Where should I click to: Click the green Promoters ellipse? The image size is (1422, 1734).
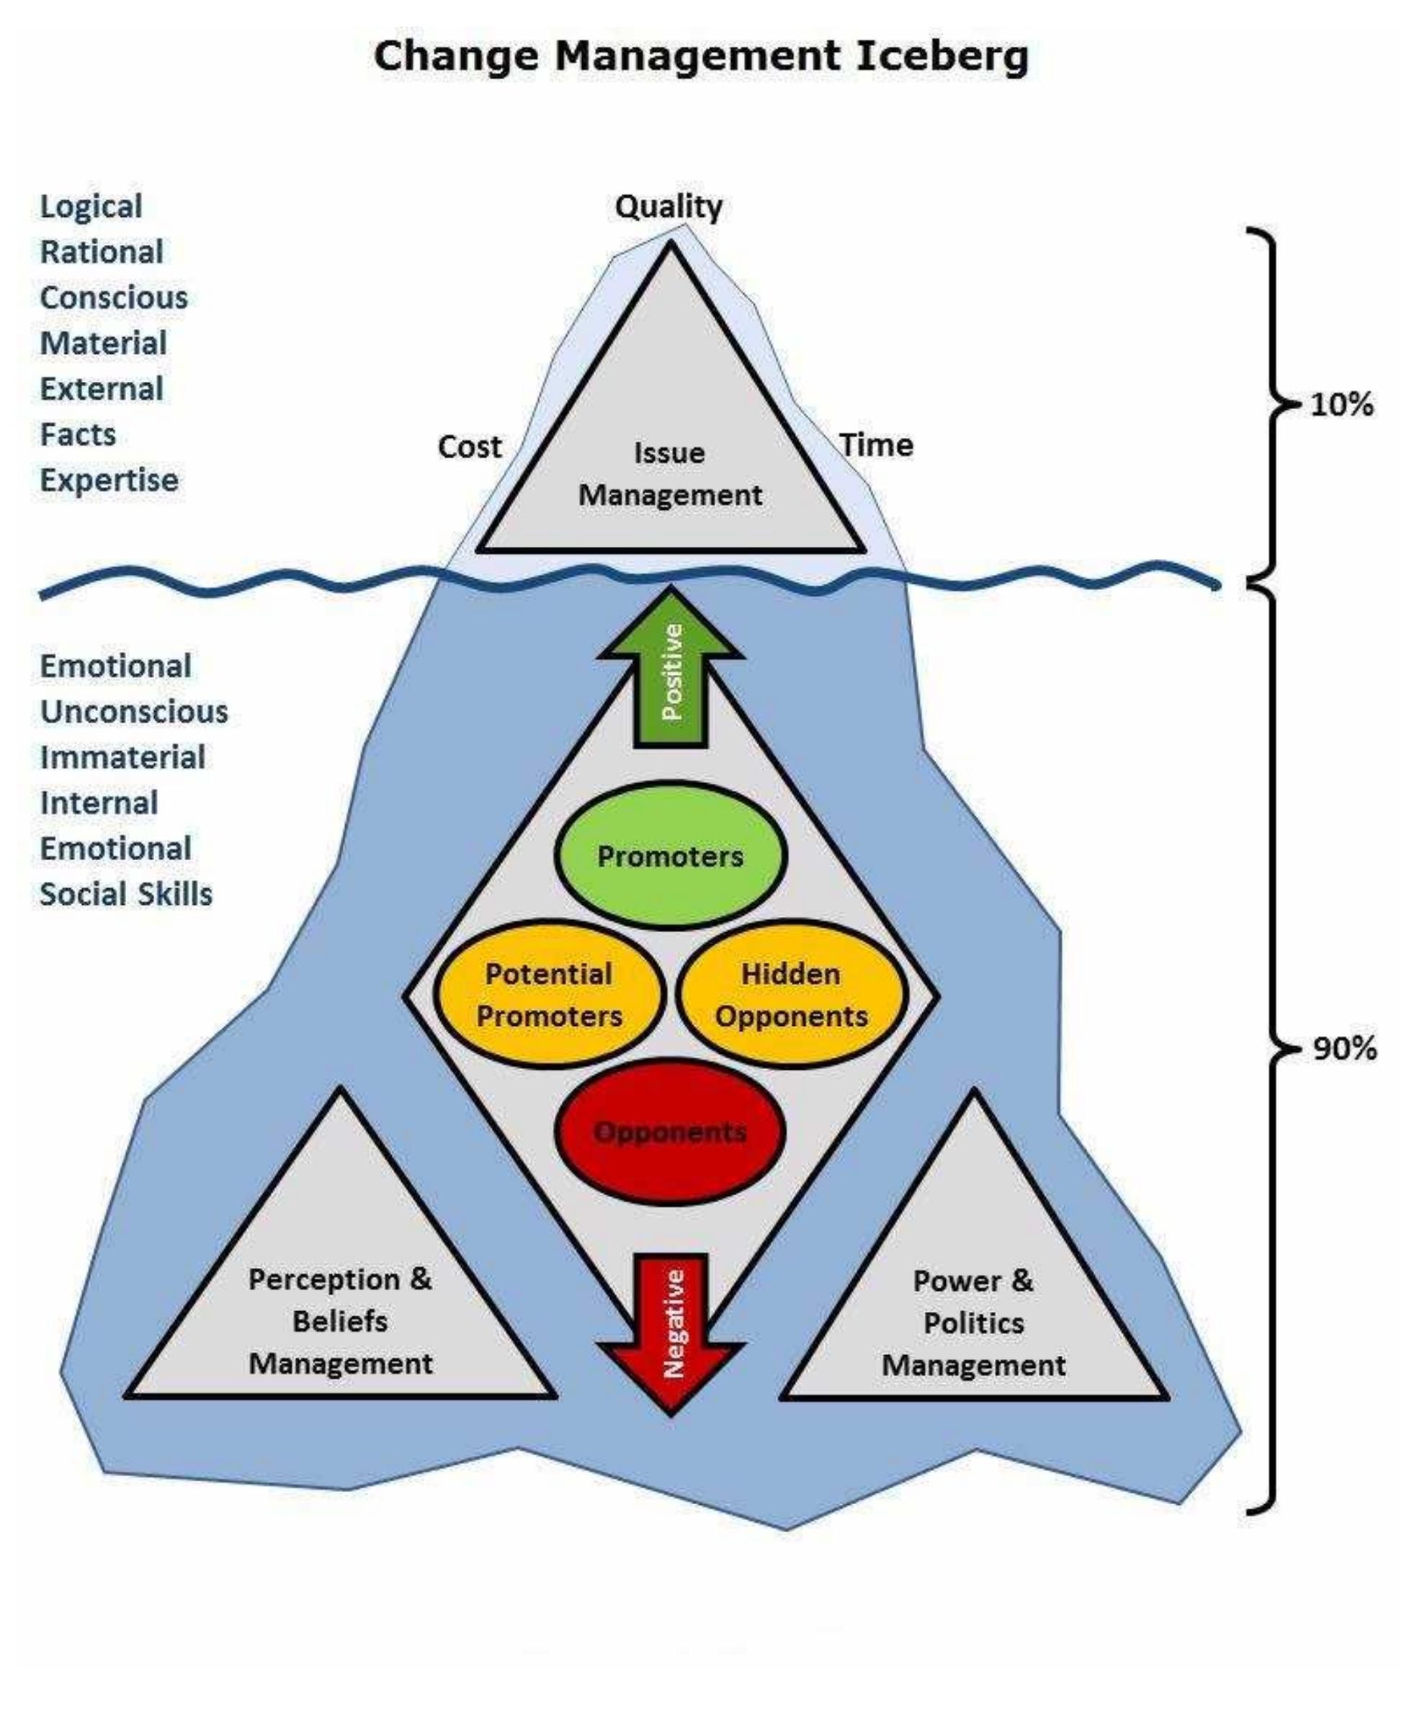[x=670, y=857]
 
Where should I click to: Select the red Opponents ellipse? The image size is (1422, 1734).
[x=670, y=1132]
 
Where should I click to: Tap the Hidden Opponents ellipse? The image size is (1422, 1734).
[x=791, y=995]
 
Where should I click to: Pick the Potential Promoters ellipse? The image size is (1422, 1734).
[x=549, y=995]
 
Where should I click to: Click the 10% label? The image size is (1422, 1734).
[x=1342, y=405]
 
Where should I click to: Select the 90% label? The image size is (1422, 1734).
[x=1344, y=1048]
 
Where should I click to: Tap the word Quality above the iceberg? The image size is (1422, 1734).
[x=668, y=207]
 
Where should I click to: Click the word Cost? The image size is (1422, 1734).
[x=470, y=447]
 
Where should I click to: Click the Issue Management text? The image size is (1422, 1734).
[x=670, y=474]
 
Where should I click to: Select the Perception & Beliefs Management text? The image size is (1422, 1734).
[x=340, y=1321]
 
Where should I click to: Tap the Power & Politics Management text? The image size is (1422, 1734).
[x=973, y=1323]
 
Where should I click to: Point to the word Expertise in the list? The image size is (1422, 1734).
[x=109, y=480]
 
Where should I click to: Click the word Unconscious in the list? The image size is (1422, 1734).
[x=134, y=712]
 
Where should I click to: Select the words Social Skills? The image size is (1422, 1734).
[x=126, y=895]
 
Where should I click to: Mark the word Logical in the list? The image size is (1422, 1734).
[x=91, y=207]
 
